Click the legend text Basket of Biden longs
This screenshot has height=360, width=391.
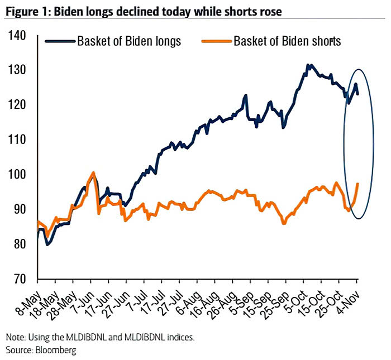130,41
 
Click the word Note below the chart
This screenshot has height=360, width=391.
16,338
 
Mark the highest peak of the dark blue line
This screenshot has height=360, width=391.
308,65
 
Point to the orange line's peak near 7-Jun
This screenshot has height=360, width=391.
93,172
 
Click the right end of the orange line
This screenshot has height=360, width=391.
357,184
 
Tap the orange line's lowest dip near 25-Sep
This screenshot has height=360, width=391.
284,223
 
